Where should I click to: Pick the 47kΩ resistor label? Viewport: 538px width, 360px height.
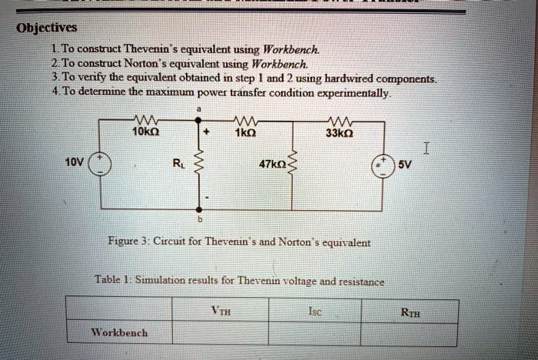(x=270, y=164)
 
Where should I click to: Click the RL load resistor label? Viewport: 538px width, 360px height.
(x=178, y=163)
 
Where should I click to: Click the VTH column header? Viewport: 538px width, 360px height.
(x=221, y=312)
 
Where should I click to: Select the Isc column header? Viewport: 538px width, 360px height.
(x=314, y=312)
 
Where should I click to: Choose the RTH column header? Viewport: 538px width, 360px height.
(x=410, y=312)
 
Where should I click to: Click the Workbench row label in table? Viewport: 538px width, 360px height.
(x=119, y=333)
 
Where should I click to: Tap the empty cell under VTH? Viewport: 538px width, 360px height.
(x=220, y=333)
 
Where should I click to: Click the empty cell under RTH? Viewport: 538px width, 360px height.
(x=409, y=333)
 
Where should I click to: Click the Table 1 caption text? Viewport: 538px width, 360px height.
(x=239, y=281)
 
